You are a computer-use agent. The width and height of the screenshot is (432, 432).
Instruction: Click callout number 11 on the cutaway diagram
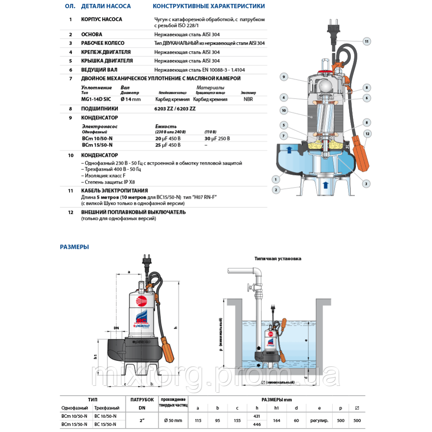tap(366, 41)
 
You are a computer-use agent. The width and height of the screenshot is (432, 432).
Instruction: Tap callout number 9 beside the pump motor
tap(284, 77)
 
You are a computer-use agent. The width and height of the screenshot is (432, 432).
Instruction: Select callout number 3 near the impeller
tap(365, 184)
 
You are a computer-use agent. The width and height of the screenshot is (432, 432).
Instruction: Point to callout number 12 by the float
tap(367, 133)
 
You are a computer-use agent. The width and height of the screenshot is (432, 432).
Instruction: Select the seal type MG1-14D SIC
tap(95, 99)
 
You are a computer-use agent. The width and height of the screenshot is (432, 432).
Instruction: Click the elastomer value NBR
tap(248, 99)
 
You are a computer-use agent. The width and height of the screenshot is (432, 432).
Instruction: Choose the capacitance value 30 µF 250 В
tap(217, 138)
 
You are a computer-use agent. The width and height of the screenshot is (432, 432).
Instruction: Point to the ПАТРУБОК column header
tap(139, 400)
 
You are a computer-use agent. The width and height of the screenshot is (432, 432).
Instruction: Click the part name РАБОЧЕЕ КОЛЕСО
tap(103, 43)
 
